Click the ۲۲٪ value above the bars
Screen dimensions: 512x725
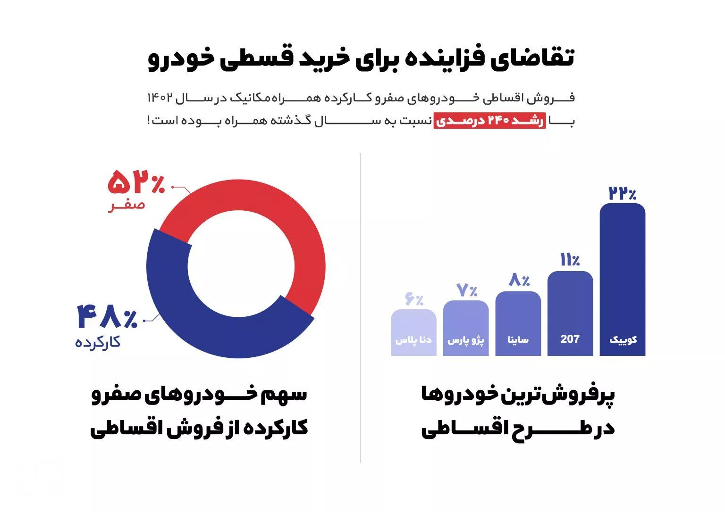point(622,193)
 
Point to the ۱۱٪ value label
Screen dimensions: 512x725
point(570,260)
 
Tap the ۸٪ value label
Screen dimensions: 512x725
point(519,281)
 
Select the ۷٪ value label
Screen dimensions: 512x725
point(467,290)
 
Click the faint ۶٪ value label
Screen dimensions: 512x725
point(414,299)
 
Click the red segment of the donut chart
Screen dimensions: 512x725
point(264,207)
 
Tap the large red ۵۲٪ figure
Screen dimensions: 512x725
point(136,183)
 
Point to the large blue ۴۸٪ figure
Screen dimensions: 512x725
point(108,317)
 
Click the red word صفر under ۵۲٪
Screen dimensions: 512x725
point(126,205)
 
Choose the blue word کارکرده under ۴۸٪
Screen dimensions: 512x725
point(98,342)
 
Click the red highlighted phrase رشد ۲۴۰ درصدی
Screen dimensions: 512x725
point(489,121)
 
